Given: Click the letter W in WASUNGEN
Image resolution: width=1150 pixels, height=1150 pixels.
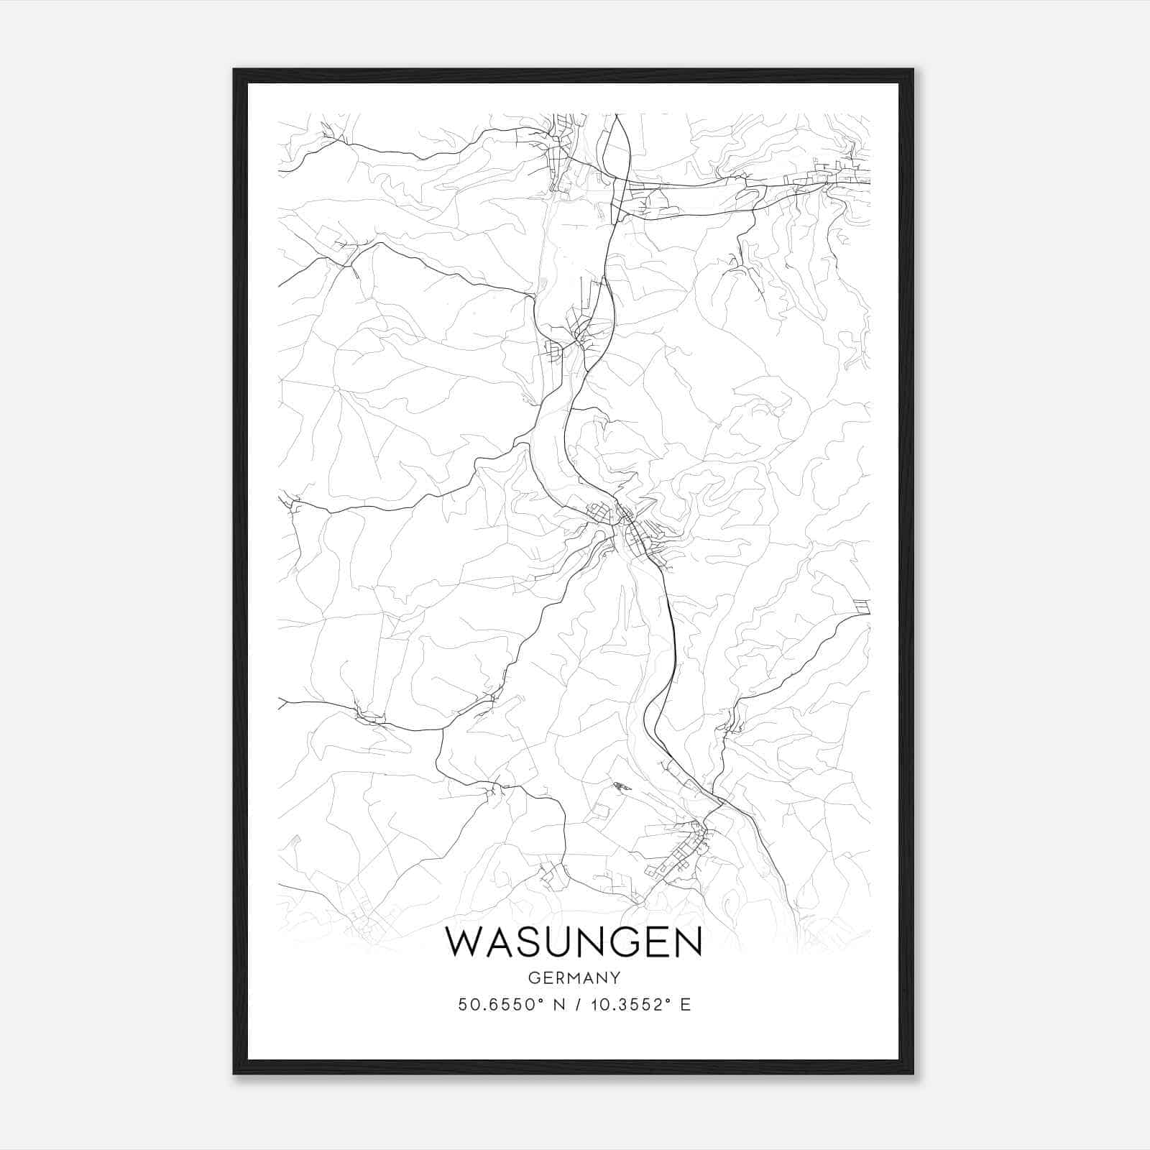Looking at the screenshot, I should coord(468,942).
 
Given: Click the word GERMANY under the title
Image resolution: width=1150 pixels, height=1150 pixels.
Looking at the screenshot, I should coord(574,977).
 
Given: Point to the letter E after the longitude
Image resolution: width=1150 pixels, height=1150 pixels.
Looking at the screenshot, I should coord(686,1005).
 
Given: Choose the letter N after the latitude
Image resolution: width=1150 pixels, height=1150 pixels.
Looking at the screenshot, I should coord(556,1005).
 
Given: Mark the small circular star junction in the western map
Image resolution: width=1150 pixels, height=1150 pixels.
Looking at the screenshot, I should coord(336,389).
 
